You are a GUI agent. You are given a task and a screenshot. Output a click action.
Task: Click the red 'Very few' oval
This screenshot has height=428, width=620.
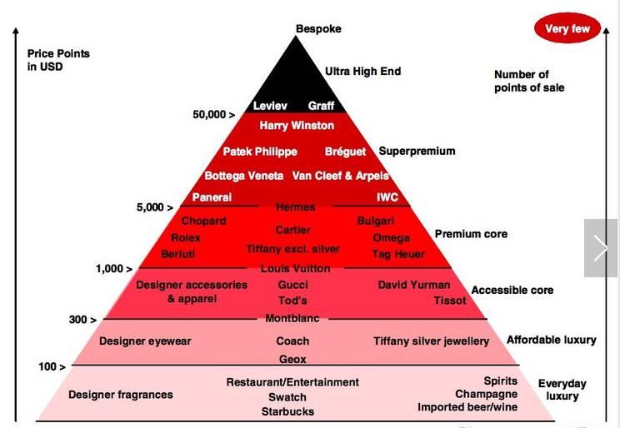[x=567, y=28]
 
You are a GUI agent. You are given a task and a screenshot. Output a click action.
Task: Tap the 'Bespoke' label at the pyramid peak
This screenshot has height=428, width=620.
[x=318, y=29]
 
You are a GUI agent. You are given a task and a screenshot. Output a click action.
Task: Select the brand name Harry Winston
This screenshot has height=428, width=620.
[x=297, y=126]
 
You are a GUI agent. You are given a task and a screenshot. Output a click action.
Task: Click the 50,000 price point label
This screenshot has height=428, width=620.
[x=213, y=115]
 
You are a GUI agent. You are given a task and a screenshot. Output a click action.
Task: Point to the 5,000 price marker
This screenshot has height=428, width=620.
[x=155, y=207]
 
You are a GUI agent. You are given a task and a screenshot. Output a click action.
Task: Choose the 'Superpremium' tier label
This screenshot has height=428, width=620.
[x=417, y=152]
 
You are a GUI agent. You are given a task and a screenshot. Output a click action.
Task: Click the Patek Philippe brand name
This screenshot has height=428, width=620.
[x=260, y=152]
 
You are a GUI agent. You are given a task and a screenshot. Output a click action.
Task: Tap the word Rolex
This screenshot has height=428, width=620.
[x=186, y=238]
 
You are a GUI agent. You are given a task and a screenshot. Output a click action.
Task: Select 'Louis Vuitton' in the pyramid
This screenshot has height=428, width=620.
[x=295, y=269]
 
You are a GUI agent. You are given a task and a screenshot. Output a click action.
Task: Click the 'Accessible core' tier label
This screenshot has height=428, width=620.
[x=512, y=290]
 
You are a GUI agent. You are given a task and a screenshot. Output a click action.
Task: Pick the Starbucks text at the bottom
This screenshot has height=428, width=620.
[x=287, y=411]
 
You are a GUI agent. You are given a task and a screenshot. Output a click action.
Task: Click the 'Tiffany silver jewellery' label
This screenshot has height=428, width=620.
[x=431, y=341]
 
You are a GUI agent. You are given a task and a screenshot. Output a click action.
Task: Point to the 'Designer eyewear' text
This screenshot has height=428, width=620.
[x=145, y=341]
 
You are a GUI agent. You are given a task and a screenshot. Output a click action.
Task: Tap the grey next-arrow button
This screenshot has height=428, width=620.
[x=601, y=248]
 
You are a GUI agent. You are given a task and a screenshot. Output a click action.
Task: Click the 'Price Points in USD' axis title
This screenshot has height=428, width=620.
[x=58, y=60]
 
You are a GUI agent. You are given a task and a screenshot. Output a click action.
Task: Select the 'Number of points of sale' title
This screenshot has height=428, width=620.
[x=529, y=81]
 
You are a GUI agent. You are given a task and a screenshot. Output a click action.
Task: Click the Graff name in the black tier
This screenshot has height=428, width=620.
[x=321, y=106]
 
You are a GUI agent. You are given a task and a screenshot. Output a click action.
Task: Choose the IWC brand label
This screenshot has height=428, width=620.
[x=387, y=197]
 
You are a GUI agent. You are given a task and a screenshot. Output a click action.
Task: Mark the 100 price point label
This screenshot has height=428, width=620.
[x=52, y=366]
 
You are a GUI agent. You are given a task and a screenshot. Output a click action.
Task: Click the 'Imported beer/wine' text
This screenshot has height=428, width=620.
[x=467, y=407]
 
